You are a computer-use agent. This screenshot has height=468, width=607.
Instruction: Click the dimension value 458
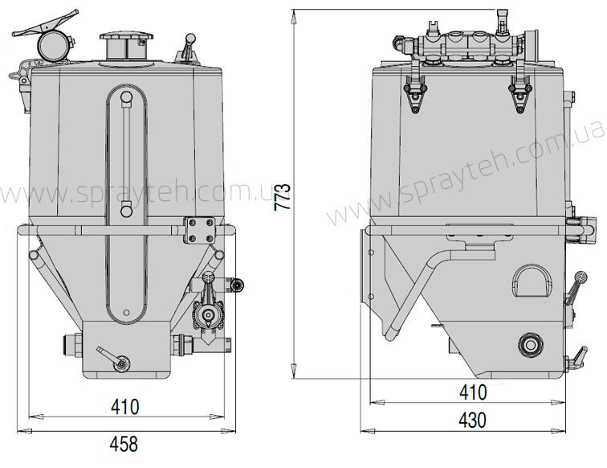124,444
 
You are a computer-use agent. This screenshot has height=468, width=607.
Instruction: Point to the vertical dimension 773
282,197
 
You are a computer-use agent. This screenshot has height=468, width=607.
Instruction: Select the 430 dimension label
472,420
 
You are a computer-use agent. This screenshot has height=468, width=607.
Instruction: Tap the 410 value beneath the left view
124,407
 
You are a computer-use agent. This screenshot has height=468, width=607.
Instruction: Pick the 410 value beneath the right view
473,392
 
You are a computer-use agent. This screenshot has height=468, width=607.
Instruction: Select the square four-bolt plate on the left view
199,230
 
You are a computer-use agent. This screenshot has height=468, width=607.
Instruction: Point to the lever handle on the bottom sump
114,359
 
